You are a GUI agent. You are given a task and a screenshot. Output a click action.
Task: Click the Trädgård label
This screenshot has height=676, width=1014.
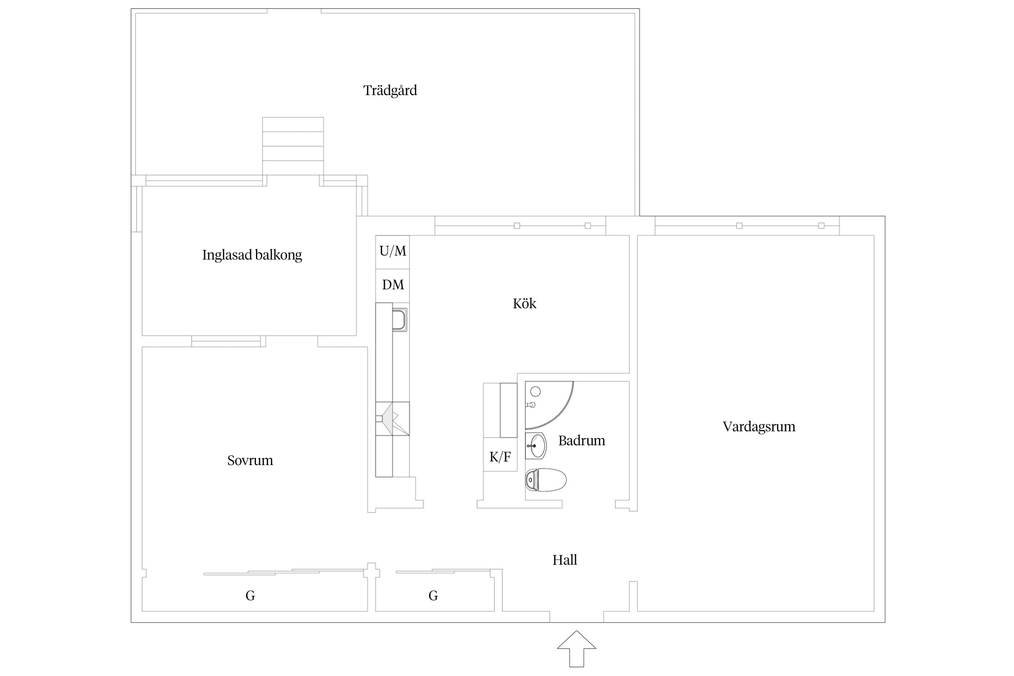click(x=390, y=91)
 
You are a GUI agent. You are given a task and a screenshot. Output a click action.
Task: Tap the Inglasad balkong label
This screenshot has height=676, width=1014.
click(x=252, y=255)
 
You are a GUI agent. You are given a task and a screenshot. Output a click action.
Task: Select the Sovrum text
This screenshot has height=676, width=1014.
click(x=250, y=460)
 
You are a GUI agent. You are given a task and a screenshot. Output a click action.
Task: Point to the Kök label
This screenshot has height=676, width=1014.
click(x=525, y=303)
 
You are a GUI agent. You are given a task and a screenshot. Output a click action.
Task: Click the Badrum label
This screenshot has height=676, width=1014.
click(x=582, y=440)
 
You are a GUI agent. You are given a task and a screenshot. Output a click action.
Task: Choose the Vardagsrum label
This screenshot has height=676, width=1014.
click(x=759, y=427)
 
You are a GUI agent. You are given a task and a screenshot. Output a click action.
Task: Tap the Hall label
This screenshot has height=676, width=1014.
click(x=565, y=560)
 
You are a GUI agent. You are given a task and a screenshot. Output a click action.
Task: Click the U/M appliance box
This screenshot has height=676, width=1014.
click(x=393, y=252)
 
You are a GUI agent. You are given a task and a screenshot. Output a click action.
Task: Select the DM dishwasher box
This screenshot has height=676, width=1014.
click(x=393, y=286)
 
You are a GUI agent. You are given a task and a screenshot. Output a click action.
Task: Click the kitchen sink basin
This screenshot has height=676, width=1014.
click(x=400, y=320)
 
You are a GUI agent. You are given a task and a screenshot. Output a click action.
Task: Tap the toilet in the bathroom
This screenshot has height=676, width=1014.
click(x=546, y=480)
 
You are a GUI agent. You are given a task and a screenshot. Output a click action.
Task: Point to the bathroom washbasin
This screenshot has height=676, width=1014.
click(x=536, y=446)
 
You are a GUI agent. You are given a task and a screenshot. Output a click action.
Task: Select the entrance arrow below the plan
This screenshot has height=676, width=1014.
click(x=576, y=649)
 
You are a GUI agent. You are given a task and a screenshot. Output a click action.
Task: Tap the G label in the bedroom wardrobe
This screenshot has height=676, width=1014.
click(x=250, y=596)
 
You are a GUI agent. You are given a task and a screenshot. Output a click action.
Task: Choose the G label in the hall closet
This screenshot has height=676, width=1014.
click(x=433, y=596)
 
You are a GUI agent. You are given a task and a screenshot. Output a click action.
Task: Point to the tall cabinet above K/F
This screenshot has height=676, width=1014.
click(x=509, y=410)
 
